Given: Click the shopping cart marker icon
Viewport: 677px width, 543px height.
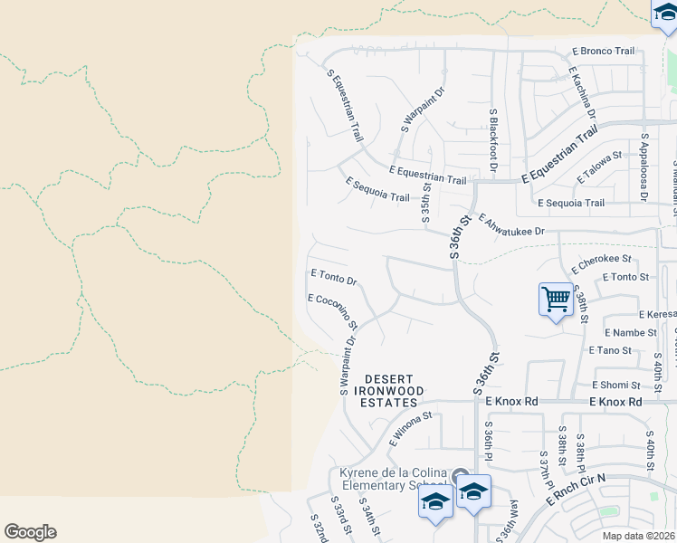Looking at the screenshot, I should click(x=556, y=299).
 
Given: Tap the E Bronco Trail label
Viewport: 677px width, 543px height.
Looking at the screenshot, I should click(x=604, y=52).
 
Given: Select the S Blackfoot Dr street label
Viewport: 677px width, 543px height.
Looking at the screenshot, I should click(x=493, y=141).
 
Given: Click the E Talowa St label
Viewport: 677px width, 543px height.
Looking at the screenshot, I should click(x=596, y=156).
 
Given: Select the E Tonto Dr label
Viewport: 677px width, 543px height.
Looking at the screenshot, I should click(x=333, y=277).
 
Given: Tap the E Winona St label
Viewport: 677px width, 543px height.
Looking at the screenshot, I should click(x=412, y=428).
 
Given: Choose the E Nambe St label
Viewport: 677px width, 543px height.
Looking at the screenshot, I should click(x=631, y=333).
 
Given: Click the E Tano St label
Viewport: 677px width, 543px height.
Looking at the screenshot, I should click(x=609, y=350).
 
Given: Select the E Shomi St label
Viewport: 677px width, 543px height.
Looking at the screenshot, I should click(x=617, y=385).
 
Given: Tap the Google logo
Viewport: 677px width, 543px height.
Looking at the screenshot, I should click(x=30, y=532).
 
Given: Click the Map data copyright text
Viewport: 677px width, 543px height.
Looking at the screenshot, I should click(x=638, y=536).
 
